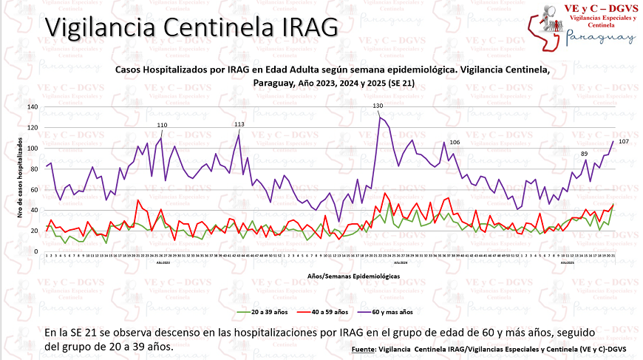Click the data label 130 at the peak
click(378, 106)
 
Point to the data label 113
click(239, 124)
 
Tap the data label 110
click(162, 125)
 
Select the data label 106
click(455, 142)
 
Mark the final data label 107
click(623, 141)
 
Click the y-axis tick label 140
click(32, 107)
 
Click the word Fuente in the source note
click(363, 348)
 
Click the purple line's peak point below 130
click(379, 118)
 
